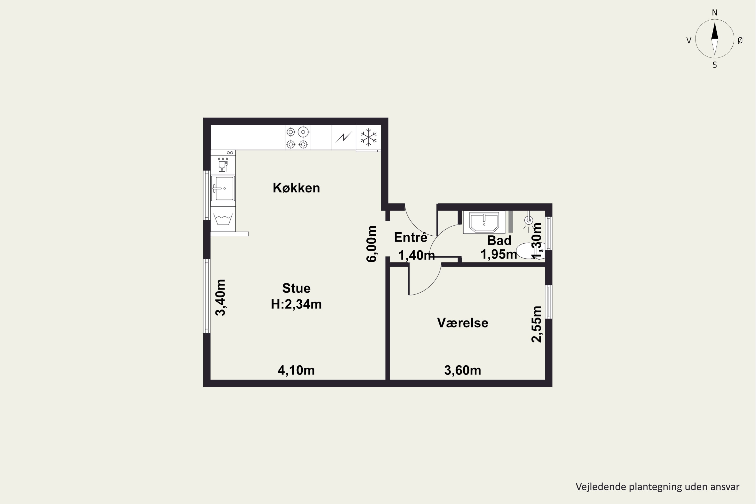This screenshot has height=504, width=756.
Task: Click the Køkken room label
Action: pos(296,188)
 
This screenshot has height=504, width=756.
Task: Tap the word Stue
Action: pos(296,288)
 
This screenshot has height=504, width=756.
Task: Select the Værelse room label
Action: pos(462,323)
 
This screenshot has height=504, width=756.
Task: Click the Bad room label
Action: pos(499,240)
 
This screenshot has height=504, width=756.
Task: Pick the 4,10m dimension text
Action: pos(296,370)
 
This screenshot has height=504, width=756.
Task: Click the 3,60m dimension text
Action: pos(462,370)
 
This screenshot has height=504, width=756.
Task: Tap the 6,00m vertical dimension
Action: pos(371,244)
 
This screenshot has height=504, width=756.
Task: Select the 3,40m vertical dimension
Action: pos(220,298)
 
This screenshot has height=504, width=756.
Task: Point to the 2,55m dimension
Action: pos(537,324)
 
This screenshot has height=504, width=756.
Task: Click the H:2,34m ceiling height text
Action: pos(296,304)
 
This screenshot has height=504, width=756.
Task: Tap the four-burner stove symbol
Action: pos(297,138)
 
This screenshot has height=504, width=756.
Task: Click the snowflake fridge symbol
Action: pos(368,138)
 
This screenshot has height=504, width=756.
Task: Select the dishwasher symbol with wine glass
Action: pos(223,162)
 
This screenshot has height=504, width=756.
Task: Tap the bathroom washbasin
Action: pos(484,222)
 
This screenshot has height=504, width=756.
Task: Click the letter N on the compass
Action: pos(714,13)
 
